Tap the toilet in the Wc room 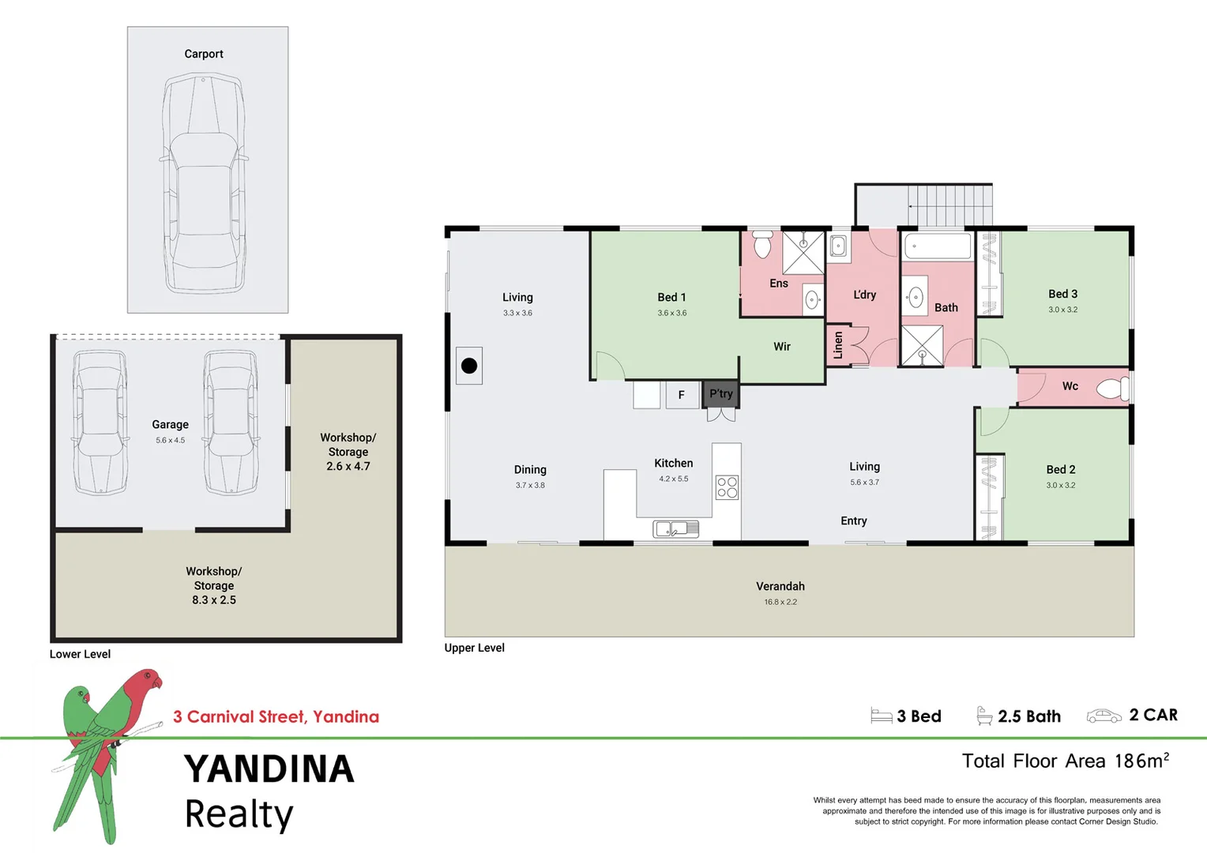click(1114, 388)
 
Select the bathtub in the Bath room click(937, 246)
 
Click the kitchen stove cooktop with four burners click(727, 487)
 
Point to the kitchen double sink click(675, 528)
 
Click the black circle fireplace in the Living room click(469, 366)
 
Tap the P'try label click(720, 393)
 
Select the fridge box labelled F click(681, 395)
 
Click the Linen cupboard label click(838, 345)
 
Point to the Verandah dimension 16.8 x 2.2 click(780, 602)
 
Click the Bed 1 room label click(671, 297)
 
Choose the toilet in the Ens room click(761, 245)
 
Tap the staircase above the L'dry click(949, 205)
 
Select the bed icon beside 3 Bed click(881, 716)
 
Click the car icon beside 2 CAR click(1104, 716)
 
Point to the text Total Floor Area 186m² click(1065, 761)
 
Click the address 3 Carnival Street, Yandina click(276, 716)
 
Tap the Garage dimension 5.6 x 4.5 click(170, 441)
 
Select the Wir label click(781, 347)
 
